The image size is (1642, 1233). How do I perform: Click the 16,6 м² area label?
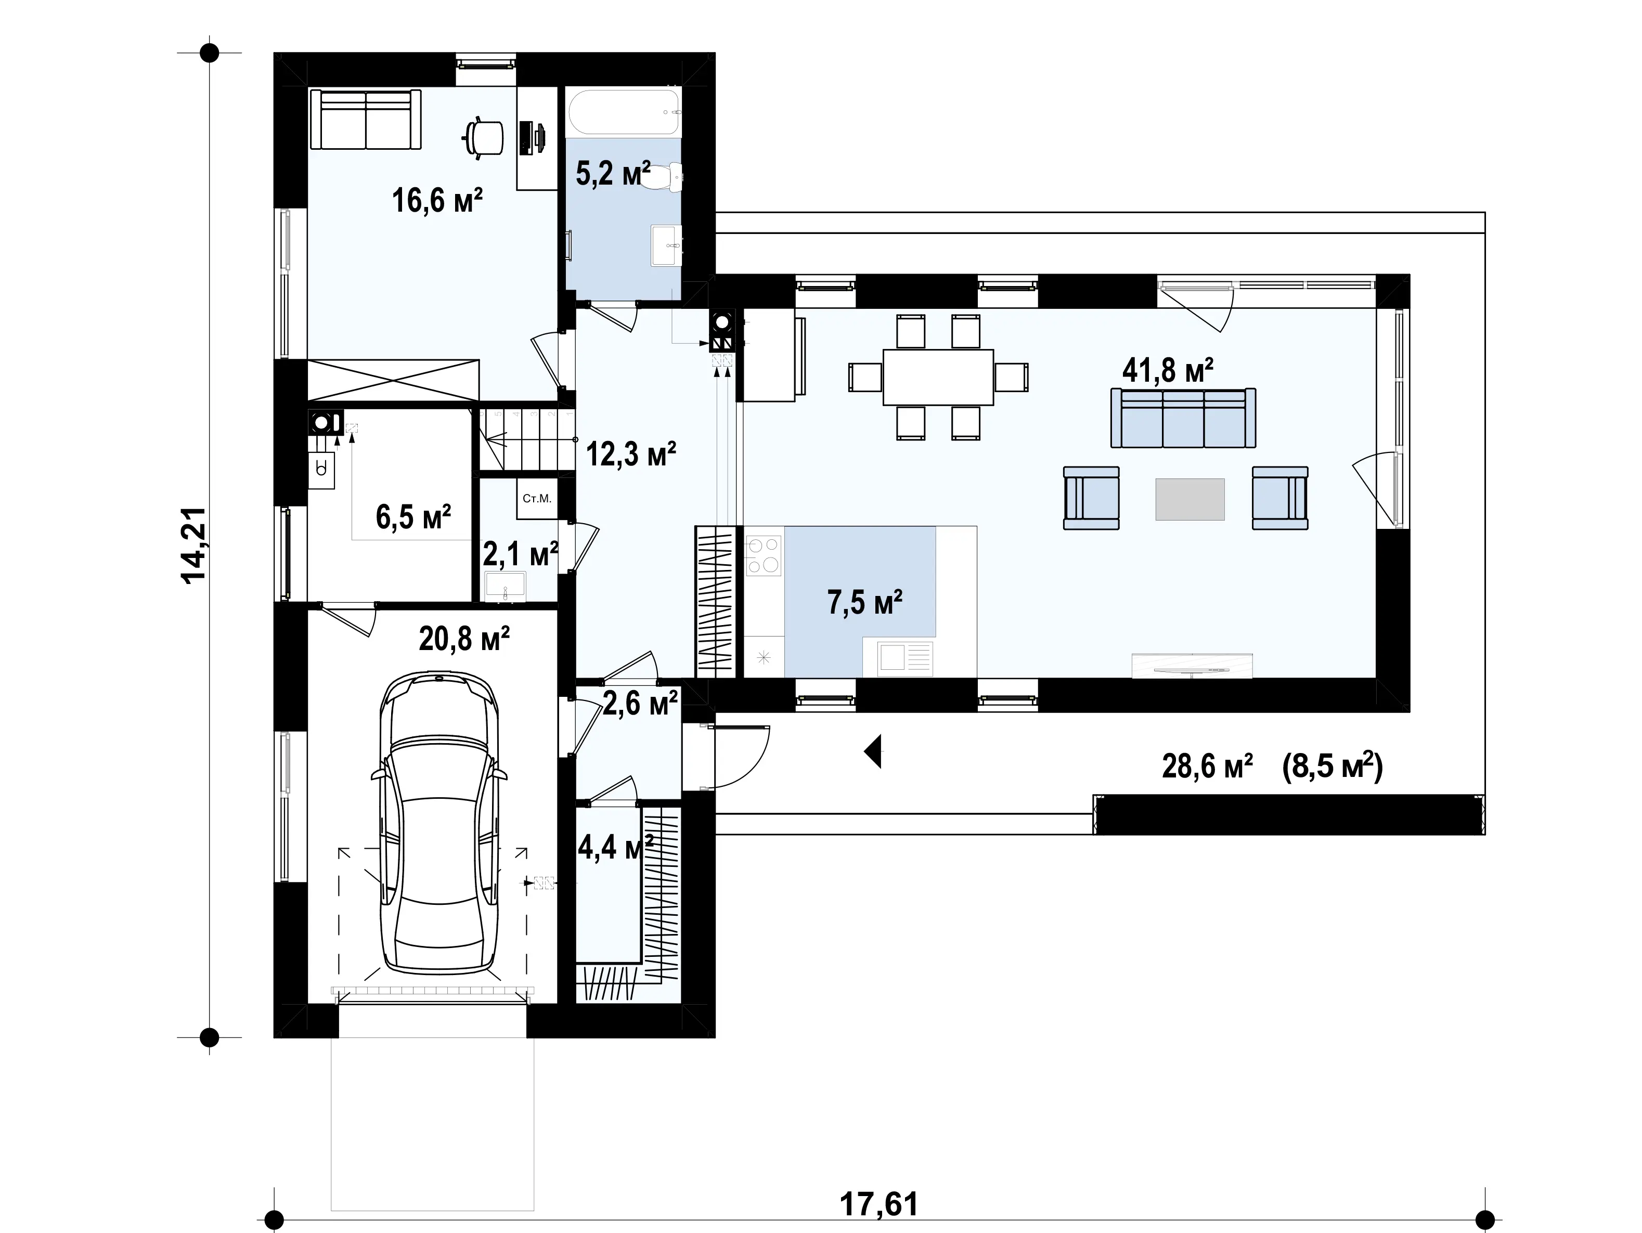437,200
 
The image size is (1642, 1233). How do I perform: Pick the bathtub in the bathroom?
624,113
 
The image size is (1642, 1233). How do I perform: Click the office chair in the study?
483,138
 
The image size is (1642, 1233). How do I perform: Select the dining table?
938,377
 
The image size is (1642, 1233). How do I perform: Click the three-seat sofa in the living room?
1183,418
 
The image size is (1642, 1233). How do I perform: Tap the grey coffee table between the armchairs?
1190,499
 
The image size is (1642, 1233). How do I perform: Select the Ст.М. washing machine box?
537,499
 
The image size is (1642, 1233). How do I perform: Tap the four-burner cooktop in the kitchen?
764,556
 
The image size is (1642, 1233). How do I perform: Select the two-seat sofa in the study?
365,120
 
